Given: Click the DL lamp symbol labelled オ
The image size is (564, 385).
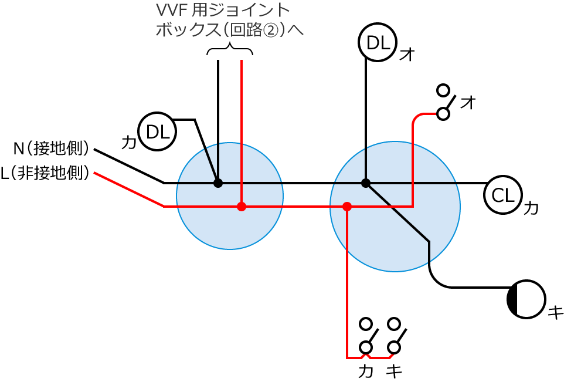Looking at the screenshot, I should [x=378, y=42].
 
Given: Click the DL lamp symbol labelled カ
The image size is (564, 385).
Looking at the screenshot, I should [x=157, y=131].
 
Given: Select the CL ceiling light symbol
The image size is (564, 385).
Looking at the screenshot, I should [x=503, y=195].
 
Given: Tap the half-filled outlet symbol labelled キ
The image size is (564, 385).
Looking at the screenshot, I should [x=526, y=299].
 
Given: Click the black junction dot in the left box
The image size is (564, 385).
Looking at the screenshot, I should [x=218, y=183].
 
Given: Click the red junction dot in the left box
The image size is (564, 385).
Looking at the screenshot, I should [x=242, y=207].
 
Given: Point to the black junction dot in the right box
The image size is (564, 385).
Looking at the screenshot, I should [x=366, y=183].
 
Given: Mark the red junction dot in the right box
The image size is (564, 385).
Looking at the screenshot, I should [x=347, y=207].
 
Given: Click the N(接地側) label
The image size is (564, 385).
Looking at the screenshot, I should [x=52, y=148].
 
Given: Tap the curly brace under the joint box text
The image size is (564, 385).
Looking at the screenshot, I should [x=230, y=50].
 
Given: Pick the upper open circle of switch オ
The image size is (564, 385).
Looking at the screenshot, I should [x=443, y=90].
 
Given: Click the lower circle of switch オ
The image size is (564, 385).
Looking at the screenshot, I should [x=443, y=114].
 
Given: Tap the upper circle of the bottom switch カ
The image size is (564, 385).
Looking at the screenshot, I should [x=366, y=323].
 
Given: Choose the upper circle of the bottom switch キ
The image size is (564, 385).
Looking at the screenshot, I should [x=394, y=323].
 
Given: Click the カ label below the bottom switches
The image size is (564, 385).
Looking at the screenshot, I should [x=366, y=371].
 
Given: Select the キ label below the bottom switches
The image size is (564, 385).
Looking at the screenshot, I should [x=394, y=371].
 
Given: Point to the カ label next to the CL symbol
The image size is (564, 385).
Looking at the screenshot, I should [x=531, y=208].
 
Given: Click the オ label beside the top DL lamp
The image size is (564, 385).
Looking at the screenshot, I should [x=407, y=55].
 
